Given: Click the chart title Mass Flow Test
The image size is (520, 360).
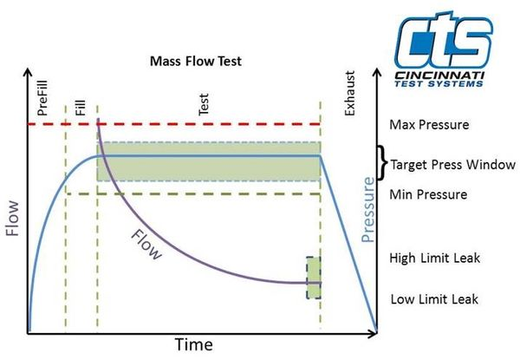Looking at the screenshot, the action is [196, 61].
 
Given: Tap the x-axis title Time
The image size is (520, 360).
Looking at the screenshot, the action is [194, 344].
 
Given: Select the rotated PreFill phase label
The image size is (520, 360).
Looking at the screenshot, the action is [42, 97].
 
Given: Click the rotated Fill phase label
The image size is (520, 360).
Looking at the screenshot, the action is [81, 108].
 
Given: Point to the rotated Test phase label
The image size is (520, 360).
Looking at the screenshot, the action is [204, 104].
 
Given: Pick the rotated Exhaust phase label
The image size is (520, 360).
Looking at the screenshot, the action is [349, 93].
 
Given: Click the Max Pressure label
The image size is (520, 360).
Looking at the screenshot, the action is [429, 125].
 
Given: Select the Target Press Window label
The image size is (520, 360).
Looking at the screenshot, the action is [452, 165].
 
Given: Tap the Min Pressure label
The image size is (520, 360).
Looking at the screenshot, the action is [428, 194].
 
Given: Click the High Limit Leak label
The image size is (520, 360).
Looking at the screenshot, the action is [434, 259].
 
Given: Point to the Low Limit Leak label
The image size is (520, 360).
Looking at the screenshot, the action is [434, 299].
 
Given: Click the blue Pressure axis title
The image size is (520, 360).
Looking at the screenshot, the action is [367, 210].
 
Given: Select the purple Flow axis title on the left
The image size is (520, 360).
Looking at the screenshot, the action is [13, 219].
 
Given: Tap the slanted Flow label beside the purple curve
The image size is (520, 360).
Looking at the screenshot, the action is [146, 245].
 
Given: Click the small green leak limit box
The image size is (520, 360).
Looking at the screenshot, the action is [314, 278].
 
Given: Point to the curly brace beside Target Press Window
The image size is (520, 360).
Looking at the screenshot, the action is [383, 162].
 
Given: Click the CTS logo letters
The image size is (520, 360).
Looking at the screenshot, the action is [444, 39].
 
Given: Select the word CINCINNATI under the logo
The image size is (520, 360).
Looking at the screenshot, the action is [439, 75].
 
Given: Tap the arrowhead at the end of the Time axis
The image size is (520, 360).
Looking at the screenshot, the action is [373, 333].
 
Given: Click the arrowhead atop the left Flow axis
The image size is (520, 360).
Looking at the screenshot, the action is [28, 73].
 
